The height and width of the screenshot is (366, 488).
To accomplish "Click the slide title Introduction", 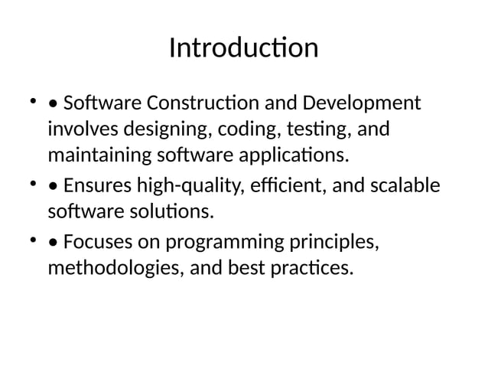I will click(243, 48).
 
